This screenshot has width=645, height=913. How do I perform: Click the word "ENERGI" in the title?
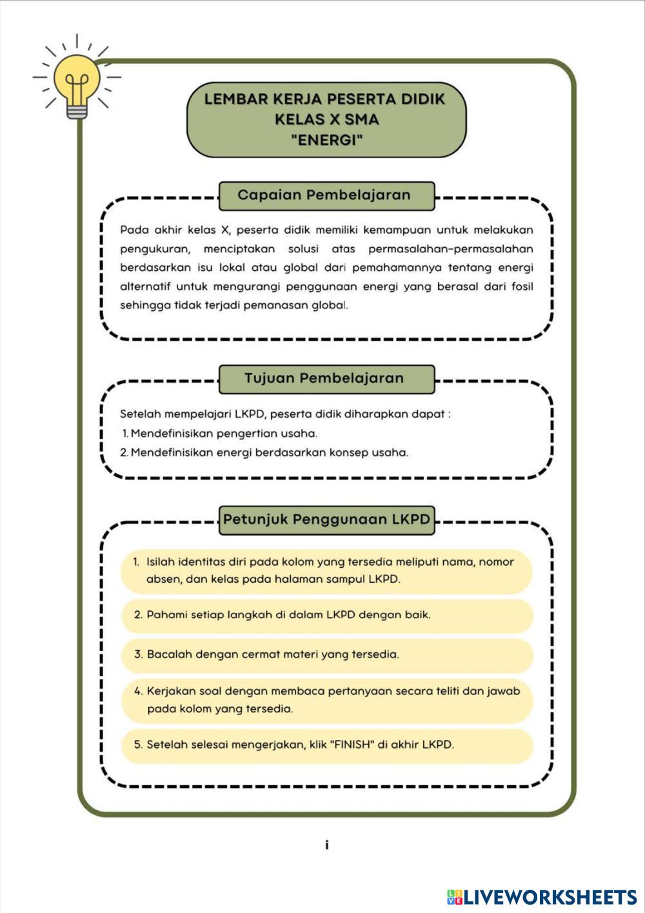tap(326, 139)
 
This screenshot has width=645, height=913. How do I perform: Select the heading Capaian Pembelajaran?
tap(324, 196)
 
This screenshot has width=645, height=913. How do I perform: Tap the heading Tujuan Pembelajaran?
tap(324, 379)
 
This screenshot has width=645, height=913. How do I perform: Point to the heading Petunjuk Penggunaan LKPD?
tap(326, 520)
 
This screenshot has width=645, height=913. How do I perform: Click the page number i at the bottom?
tap(327, 845)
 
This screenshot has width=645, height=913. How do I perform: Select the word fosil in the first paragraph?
tap(522, 286)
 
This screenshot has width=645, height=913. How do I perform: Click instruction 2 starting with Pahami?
tap(283, 615)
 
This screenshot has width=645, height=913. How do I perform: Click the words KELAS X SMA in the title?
tap(326, 119)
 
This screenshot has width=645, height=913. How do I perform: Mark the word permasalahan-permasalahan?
tap(451, 249)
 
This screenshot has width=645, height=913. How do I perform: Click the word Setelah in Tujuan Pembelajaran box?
tap(140, 414)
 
